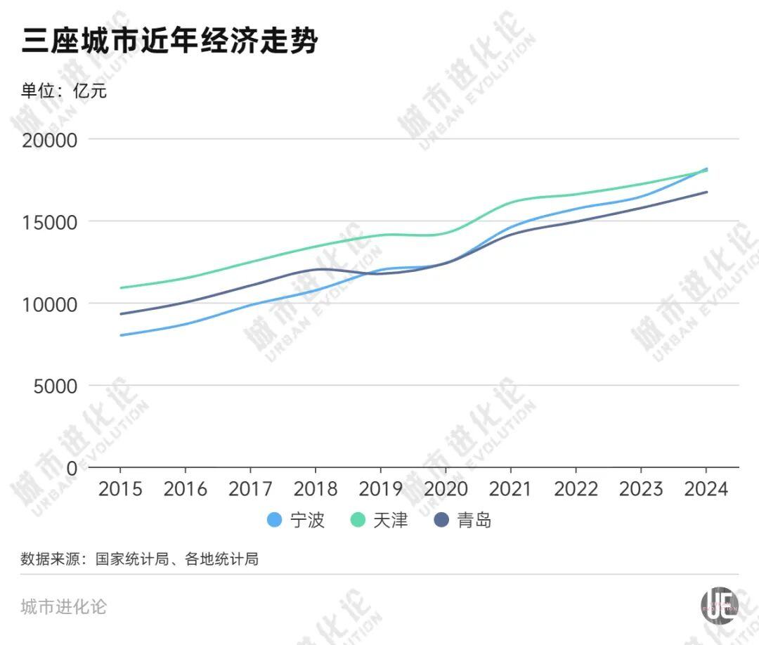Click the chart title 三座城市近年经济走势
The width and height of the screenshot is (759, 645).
coord(169,41)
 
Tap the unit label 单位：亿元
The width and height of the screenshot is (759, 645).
coord(64,91)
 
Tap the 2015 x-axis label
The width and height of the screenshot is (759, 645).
coord(120,488)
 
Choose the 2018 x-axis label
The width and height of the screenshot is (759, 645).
coord(316,488)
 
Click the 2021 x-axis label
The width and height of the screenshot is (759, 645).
coord(511,488)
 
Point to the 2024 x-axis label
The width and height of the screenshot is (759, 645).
coord(706,488)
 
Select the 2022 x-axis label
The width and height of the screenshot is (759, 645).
coord(576,488)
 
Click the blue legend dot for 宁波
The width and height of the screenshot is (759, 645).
coord(275,521)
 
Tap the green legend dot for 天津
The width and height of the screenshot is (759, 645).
coord(358,521)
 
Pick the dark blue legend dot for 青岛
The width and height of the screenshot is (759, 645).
coord(441,521)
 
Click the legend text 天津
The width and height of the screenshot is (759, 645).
coord(391,521)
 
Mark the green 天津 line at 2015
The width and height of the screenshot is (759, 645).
coord(121,288)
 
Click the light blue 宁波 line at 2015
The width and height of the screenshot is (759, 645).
coord(121,335)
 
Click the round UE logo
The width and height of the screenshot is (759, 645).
coord(719,604)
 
